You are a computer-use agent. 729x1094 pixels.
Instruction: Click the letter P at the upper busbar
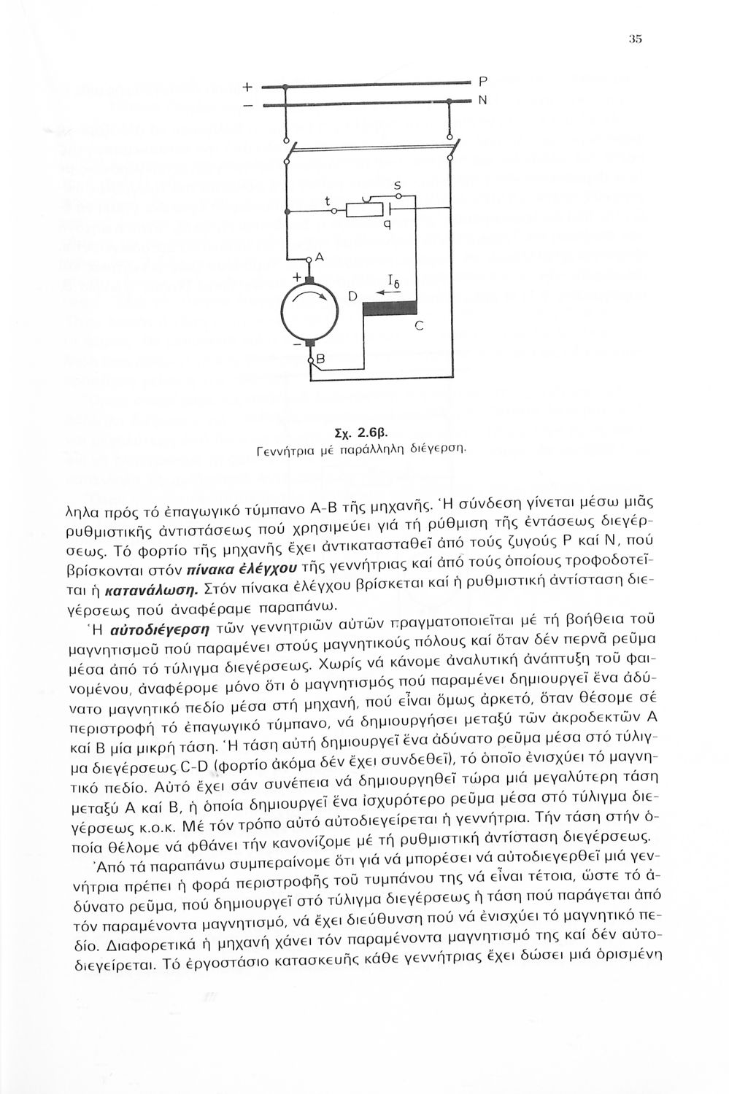[482, 79]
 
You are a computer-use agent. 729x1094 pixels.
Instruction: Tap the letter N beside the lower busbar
[482, 101]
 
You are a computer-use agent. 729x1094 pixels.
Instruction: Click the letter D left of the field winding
[352, 296]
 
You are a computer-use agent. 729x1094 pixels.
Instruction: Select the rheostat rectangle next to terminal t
[362, 211]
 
